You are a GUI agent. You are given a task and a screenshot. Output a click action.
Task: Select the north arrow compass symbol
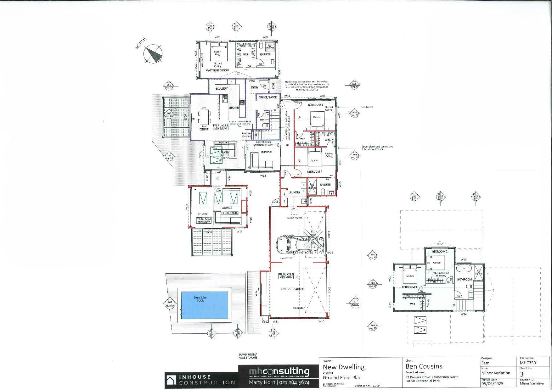tap(153, 54)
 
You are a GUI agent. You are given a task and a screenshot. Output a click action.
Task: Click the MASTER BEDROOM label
tap(217, 70)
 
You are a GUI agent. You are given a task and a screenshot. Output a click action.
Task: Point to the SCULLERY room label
tap(222, 89)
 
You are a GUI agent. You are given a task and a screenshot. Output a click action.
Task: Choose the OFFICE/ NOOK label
tap(268, 97)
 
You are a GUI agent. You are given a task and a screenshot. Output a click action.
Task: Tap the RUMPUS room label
tap(267, 152)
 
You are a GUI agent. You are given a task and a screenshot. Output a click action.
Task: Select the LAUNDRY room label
tap(294, 192)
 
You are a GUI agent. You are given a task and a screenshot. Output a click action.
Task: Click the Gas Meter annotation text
tap(367, 107)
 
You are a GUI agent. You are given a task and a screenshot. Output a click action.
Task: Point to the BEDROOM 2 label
tap(440, 252)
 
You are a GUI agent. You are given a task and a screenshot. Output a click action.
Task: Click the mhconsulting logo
tap(279, 372)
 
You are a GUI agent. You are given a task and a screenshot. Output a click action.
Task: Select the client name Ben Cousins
tap(424, 366)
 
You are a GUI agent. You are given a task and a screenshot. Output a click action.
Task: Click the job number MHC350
tap(528, 363)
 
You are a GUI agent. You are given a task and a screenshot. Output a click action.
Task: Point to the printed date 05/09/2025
tap(493, 384)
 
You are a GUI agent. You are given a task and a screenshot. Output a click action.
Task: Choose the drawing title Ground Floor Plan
tap(342, 378)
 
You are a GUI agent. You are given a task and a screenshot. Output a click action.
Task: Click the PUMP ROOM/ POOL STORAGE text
tap(248, 356)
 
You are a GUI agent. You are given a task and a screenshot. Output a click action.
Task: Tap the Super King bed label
tap(217, 53)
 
